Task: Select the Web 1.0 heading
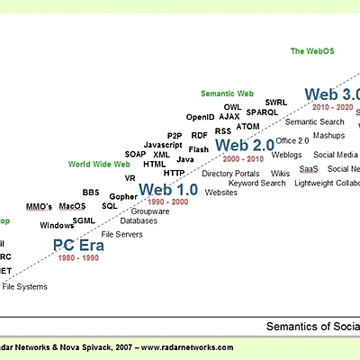coord(167,190)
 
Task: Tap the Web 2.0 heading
coord(244,145)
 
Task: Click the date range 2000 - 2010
coord(243,158)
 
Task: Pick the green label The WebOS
coord(311,51)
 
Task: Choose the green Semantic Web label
coord(227,94)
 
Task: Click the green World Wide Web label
coord(99,165)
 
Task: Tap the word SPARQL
coord(263,113)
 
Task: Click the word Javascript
coord(163,145)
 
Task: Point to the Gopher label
coord(123,195)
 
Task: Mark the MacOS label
coord(72,206)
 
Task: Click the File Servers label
coord(121,234)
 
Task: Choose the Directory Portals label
coord(230,174)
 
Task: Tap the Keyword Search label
coord(256,184)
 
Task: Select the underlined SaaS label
coord(308,168)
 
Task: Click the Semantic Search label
coord(314,121)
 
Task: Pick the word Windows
coord(57,226)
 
